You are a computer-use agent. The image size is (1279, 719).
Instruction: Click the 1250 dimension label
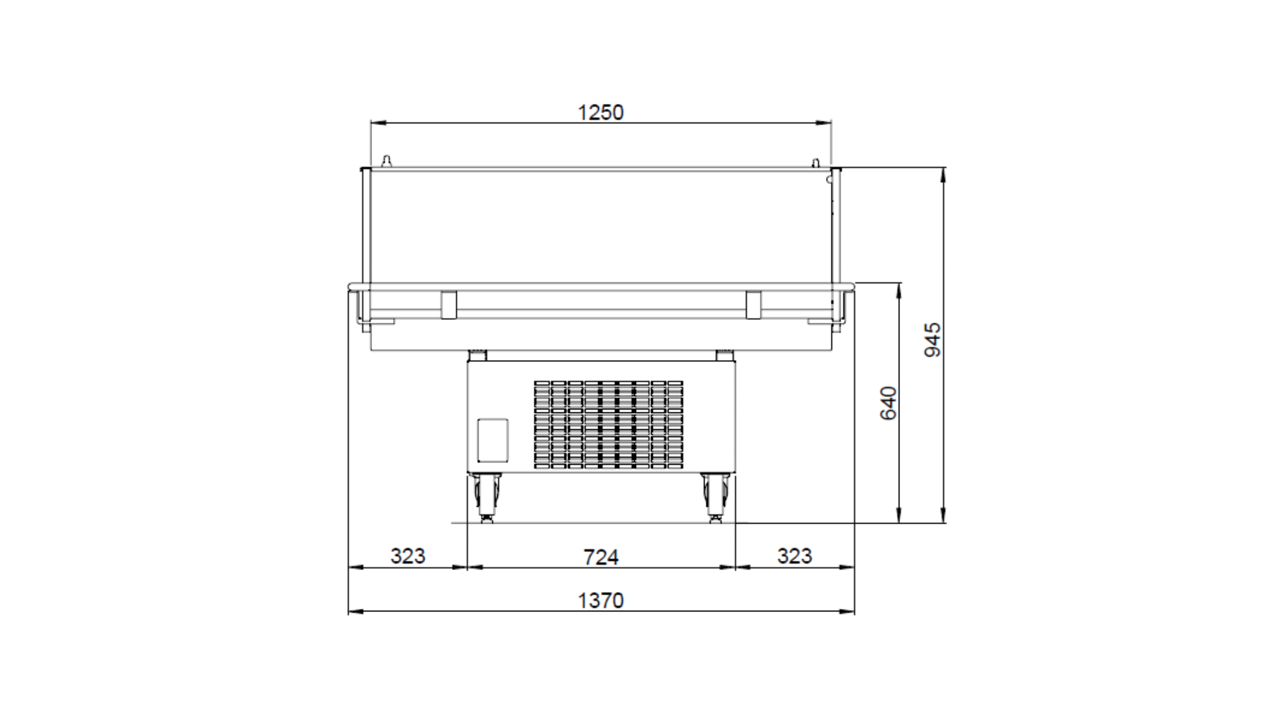tap(601, 112)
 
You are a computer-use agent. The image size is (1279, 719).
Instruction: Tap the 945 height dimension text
tap(933, 340)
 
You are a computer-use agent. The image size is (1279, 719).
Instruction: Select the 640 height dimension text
tap(888, 403)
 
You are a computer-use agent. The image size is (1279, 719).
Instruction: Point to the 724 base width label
tap(601, 557)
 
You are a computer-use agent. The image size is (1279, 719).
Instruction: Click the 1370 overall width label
tap(601, 600)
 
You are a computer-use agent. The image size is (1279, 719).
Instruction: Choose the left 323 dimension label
tap(408, 556)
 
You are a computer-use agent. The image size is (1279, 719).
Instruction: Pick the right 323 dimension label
tap(795, 556)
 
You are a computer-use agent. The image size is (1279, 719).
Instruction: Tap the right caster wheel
tap(716, 498)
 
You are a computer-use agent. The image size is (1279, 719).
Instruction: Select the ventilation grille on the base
tap(609, 425)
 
